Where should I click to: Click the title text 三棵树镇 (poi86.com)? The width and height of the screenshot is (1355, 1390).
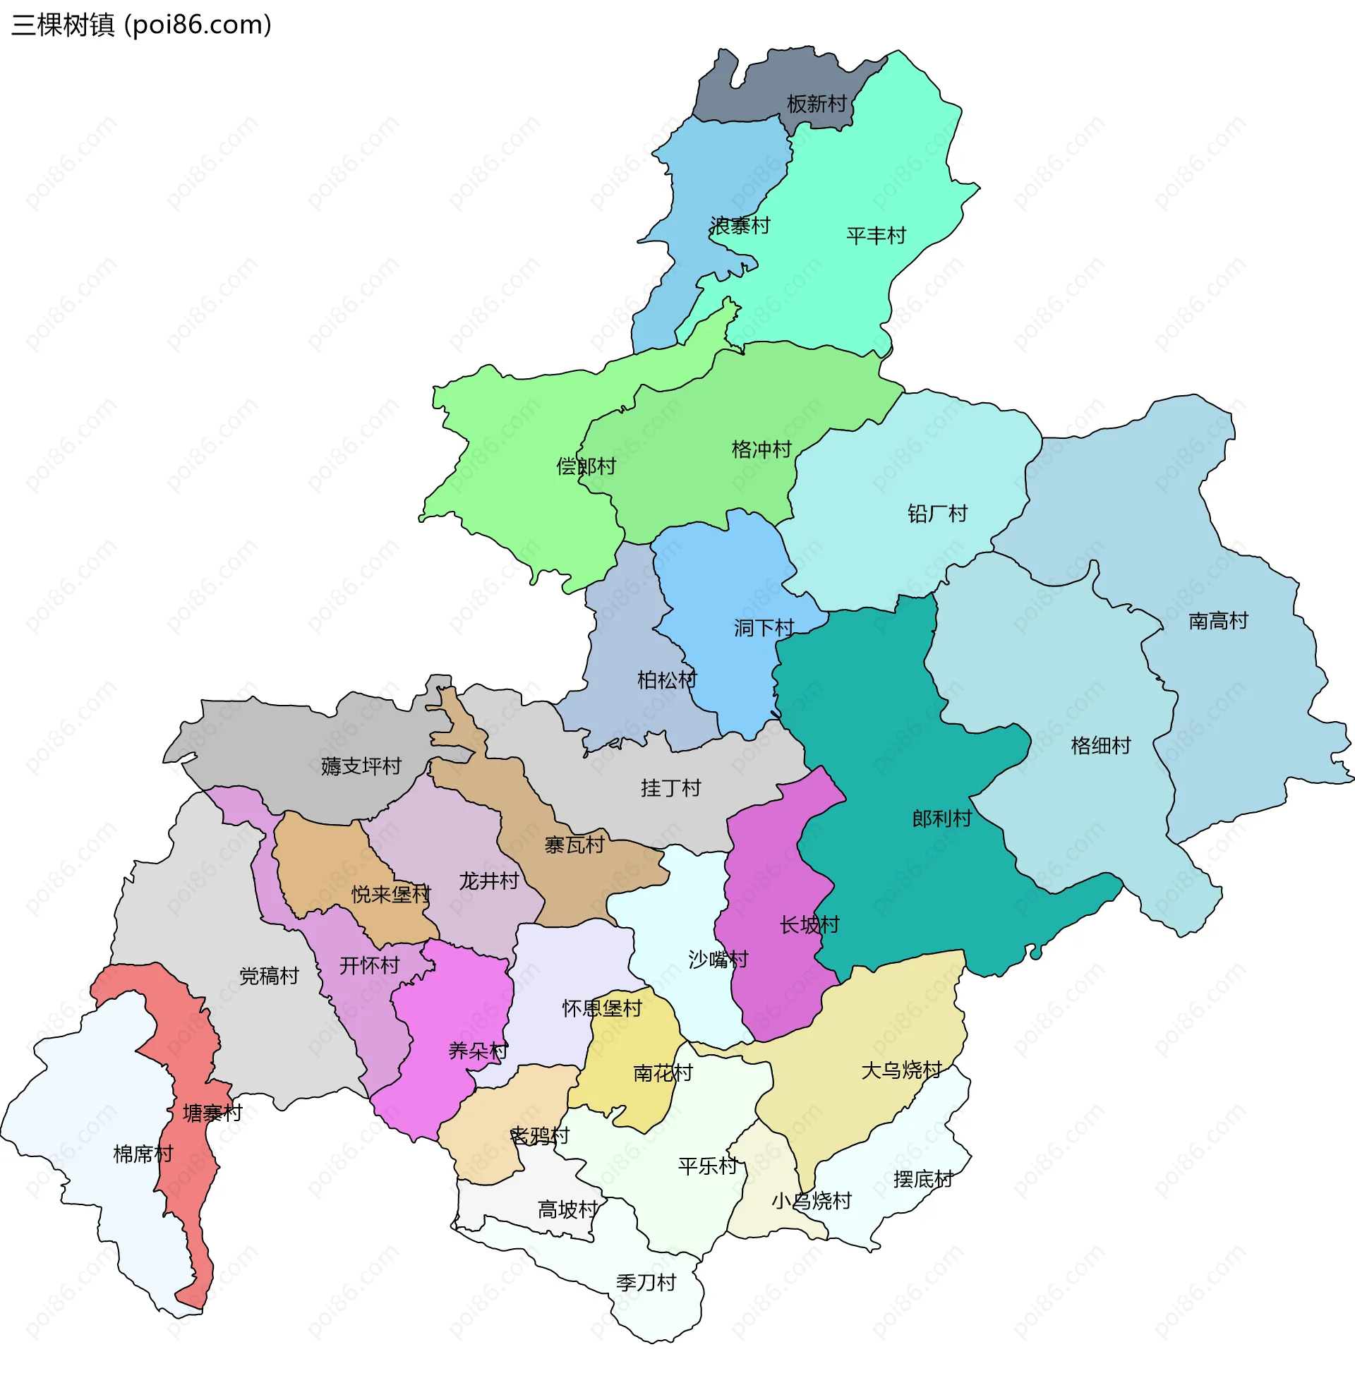(141, 25)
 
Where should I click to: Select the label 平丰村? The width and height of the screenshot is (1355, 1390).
(875, 236)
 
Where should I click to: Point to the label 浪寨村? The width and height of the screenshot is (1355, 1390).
(740, 226)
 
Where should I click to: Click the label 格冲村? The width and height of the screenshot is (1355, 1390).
(761, 449)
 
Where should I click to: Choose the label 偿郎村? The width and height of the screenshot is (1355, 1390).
(585, 466)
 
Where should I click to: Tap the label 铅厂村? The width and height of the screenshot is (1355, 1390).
(937, 514)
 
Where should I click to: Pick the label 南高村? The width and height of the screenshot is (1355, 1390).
(1217, 621)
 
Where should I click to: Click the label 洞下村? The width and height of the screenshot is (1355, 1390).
(763, 628)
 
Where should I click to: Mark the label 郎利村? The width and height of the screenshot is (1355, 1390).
(941, 818)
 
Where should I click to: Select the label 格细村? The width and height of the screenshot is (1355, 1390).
(1100, 746)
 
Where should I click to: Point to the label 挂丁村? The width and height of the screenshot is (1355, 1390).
(670, 788)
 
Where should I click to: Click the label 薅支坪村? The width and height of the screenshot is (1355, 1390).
(361, 766)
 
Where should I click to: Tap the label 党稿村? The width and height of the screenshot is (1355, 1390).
(268, 976)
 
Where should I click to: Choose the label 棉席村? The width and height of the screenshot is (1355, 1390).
(143, 1154)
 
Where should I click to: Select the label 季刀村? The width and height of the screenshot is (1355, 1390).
(646, 1283)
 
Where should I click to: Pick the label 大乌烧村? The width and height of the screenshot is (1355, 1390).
(901, 1070)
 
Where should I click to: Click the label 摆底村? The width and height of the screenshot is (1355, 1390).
(922, 1180)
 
